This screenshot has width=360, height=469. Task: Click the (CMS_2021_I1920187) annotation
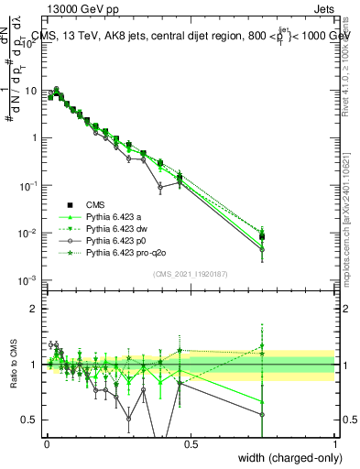coord(191,274)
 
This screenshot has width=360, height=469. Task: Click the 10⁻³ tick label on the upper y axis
coord(27,279)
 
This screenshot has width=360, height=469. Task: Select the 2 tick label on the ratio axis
coord(34,309)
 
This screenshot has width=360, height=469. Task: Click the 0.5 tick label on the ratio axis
coord(29,420)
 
